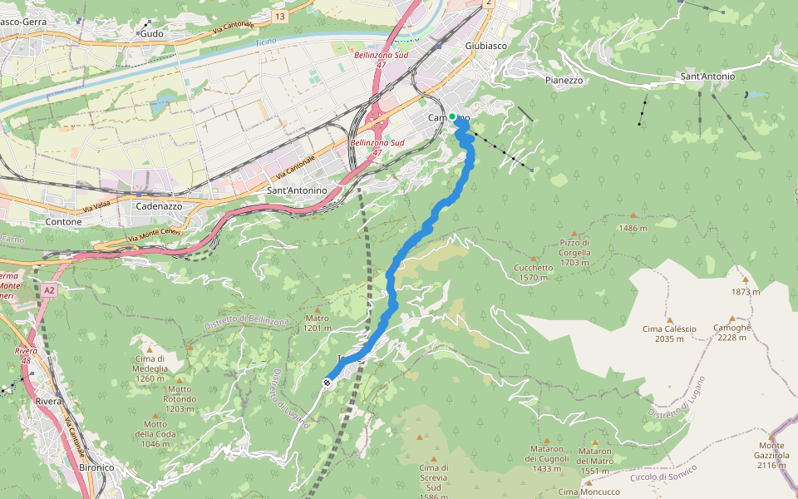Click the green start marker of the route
click(452, 116)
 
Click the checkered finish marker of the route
click(328, 383)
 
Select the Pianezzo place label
click(564, 81)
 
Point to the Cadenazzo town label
click(159, 205)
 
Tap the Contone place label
click(63, 222)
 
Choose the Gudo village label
click(152, 33)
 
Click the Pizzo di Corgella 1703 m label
click(574, 252)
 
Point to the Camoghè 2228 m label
click(731, 332)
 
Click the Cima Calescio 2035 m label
click(669, 333)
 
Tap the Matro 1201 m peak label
click(318, 323)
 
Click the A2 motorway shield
click(49, 290)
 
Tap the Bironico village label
click(96, 467)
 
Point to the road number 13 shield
click(279, 16)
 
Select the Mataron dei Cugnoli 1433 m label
click(547, 458)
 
